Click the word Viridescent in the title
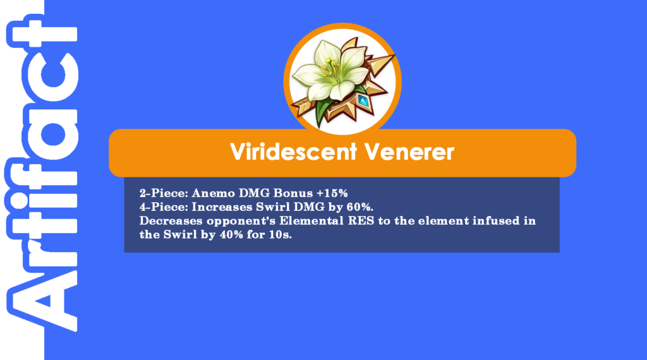(293, 152)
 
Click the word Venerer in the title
(409, 152)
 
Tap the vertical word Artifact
(41, 173)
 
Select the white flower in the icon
(330, 69)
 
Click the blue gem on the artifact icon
(363, 100)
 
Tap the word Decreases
(171, 220)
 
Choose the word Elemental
(311, 220)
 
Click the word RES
(361, 220)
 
